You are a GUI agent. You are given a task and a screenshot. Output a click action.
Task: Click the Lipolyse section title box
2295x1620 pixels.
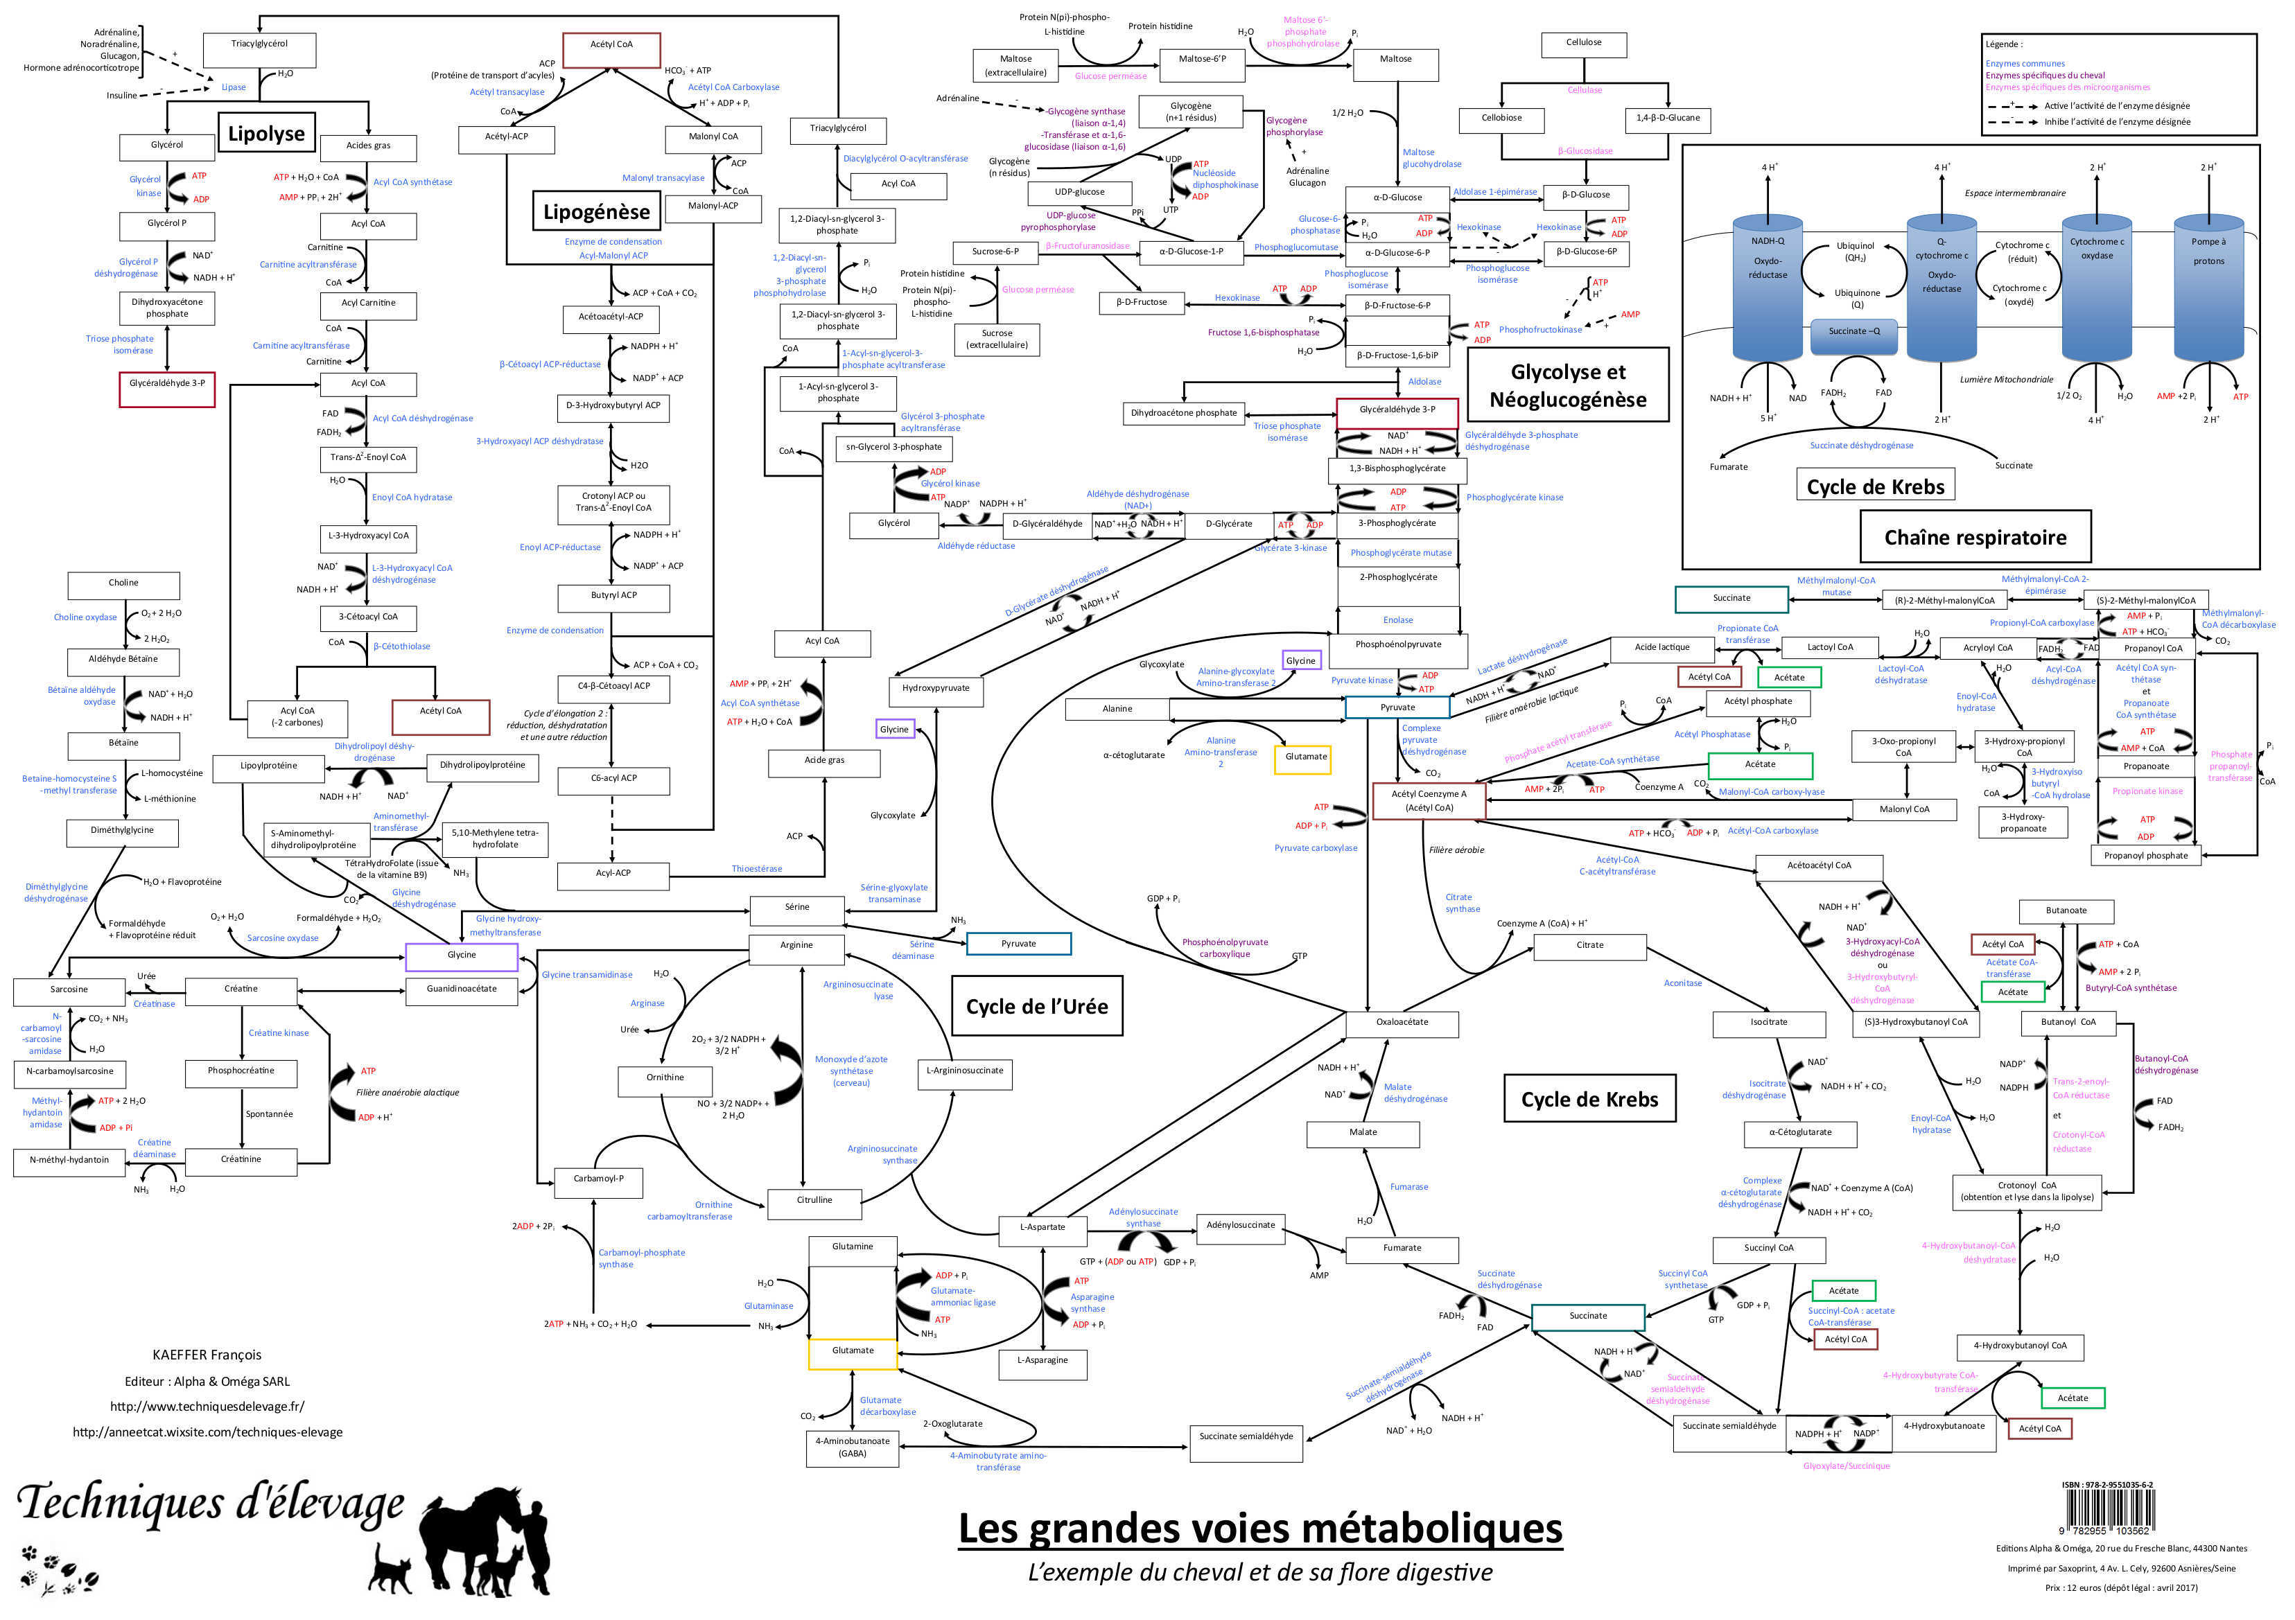point(266,134)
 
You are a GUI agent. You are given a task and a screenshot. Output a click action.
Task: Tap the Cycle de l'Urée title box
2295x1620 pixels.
point(1036,1006)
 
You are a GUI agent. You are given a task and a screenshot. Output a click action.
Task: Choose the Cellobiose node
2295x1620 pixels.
point(1501,119)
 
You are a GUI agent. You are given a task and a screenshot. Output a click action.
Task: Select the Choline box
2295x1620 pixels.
point(124,583)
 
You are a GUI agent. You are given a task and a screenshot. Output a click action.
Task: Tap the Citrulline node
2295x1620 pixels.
point(814,1200)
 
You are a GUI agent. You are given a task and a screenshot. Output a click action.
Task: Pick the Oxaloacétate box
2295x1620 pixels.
point(1402,1022)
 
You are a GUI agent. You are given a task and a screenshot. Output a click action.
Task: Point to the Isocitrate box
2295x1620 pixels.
point(1768,1022)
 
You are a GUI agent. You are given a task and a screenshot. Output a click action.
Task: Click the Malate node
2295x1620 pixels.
point(1363,1134)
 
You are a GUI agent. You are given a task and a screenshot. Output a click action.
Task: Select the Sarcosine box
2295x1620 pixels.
point(69,990)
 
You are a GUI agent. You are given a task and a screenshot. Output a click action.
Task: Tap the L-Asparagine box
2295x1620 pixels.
point(1042,1361)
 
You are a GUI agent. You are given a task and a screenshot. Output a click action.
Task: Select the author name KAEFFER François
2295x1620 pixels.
point(207,1355)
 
